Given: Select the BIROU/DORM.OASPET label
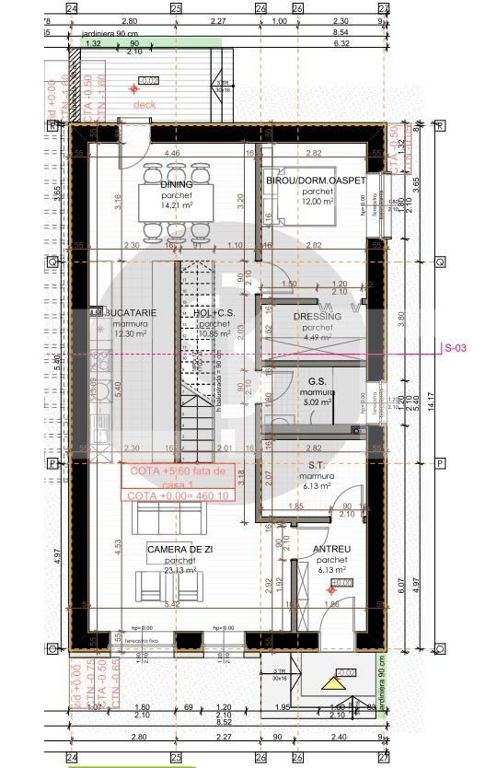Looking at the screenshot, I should tap(317, 180).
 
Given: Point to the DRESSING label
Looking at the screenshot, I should tap(318, 316).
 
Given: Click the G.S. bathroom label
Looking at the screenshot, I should tap(318, 380).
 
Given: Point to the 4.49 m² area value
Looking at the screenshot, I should tap(318, 336).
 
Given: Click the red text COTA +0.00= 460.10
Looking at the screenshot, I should tap(177, 495).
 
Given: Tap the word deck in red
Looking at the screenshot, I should tap(144, 105).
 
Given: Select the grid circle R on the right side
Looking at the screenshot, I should tap(439, 126).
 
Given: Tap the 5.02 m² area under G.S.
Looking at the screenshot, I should tap(318, 401).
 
